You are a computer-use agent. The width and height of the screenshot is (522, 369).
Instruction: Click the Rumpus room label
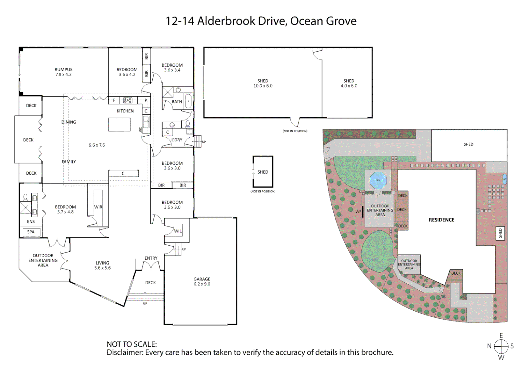pos(64,72)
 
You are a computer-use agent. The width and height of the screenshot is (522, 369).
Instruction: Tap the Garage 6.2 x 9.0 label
pos(202,282)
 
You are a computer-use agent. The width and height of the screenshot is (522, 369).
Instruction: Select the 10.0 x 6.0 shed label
pos(263,83)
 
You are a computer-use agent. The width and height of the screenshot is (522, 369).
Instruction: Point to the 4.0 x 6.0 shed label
pos(349,83)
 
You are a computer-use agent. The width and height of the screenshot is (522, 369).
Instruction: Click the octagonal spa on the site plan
pos(378,180)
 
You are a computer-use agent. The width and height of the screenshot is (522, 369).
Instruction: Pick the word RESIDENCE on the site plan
pos(441,220)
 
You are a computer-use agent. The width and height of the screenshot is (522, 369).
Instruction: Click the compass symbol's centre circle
pos(501,346)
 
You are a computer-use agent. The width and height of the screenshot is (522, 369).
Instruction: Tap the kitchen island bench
pos(120,125)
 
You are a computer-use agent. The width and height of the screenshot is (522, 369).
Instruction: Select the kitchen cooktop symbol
pos(127,100)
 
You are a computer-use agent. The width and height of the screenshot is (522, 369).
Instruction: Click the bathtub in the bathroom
pos(188,101)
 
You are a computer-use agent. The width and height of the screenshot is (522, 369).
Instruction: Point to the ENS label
pos(31,221)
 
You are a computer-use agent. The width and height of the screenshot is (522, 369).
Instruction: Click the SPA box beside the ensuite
pos(31,232)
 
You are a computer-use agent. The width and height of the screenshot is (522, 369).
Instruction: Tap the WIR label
pos(98,207)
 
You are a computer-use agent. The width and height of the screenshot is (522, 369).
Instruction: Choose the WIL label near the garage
pos(178,231)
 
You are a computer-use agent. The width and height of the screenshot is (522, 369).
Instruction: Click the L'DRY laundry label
pos(177,140)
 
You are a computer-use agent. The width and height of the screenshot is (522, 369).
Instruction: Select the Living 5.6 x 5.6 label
pos(102,265)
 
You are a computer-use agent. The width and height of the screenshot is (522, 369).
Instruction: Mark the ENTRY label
pos(151,258)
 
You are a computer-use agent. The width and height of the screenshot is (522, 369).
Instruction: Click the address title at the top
pos(261,21)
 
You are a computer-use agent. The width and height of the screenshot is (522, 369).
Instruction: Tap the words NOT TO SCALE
pos(132,344)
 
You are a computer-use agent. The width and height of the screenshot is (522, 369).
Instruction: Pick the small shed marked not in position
pos(263,172)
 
